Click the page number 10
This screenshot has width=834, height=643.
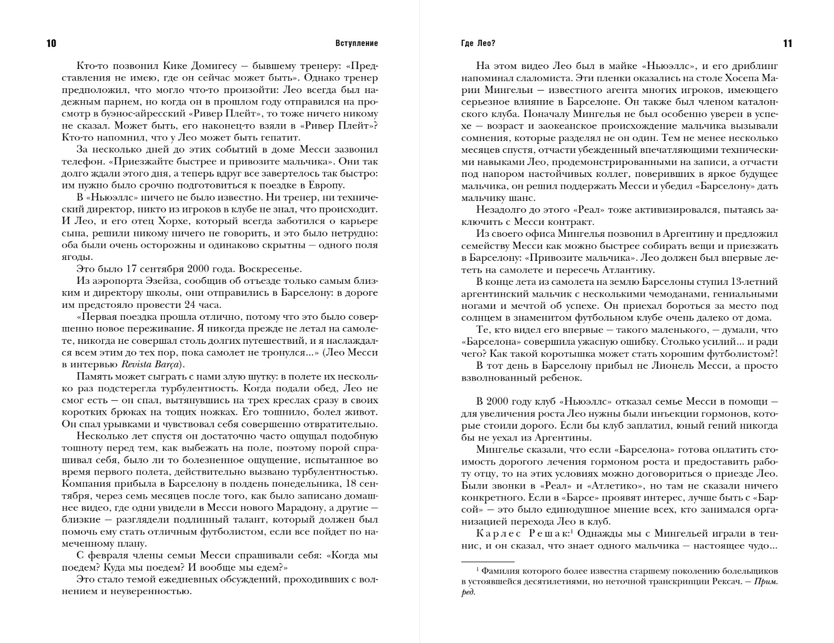pyautogui.click(x=51, y=44)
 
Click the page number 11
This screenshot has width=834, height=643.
pyautogui.click(x=788, y=44)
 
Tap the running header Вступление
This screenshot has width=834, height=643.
pyautogui.click(x=357, y=44)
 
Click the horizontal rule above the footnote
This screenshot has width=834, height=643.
pyautogui.click(x=487, y=561)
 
